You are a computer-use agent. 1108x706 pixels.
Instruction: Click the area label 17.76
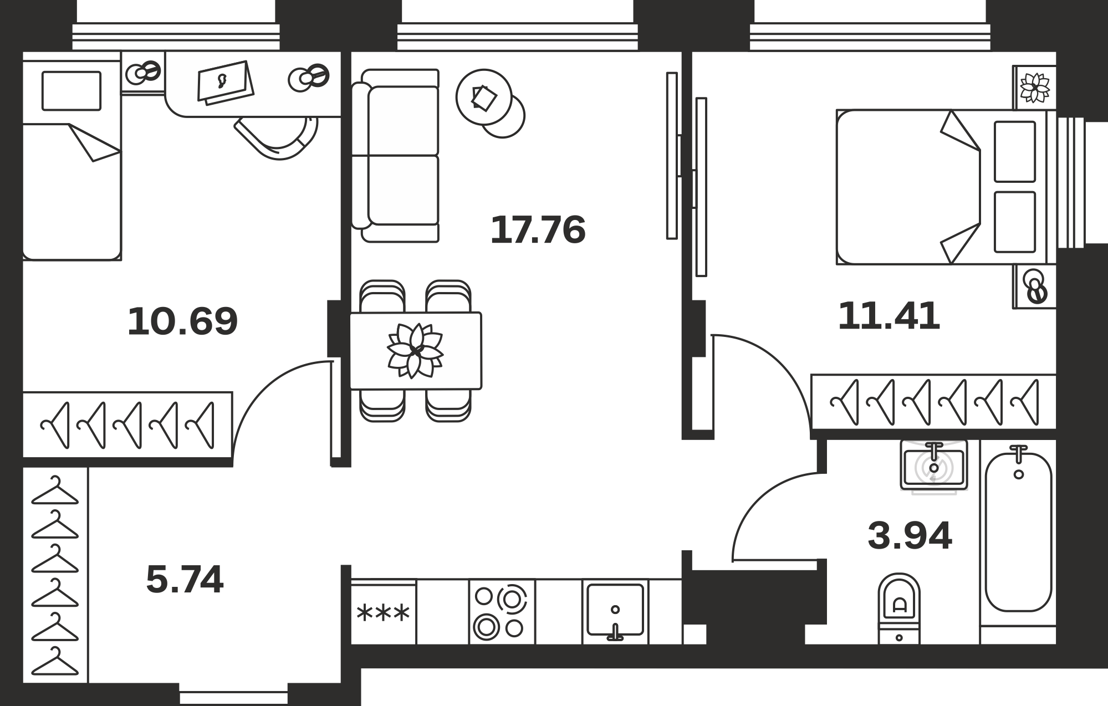pos(538,230)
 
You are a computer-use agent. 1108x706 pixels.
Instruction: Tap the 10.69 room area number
pos(182,321)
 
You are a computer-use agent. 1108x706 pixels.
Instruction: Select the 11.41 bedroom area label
pos(889,316)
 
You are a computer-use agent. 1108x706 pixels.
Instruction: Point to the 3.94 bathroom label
pos(910,536)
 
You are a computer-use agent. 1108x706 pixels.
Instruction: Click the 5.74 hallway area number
pos(185,580)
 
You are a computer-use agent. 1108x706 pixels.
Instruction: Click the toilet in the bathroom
pos(899,608)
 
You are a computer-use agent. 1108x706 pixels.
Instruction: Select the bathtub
pos(1018,532)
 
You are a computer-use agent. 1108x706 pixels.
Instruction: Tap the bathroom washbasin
pos(934,465)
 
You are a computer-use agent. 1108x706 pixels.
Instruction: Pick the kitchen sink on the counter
pos(615,610)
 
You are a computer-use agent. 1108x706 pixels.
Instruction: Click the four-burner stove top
pos(502,612)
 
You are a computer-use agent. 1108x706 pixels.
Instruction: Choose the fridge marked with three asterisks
pos(383,612)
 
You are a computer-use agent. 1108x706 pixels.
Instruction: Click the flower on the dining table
pos(415,351)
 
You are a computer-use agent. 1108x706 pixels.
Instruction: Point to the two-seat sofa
pos(396,156)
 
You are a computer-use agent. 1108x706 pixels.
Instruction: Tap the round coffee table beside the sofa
pos(490,103)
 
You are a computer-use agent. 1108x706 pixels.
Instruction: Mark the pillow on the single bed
pos(72,91)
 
